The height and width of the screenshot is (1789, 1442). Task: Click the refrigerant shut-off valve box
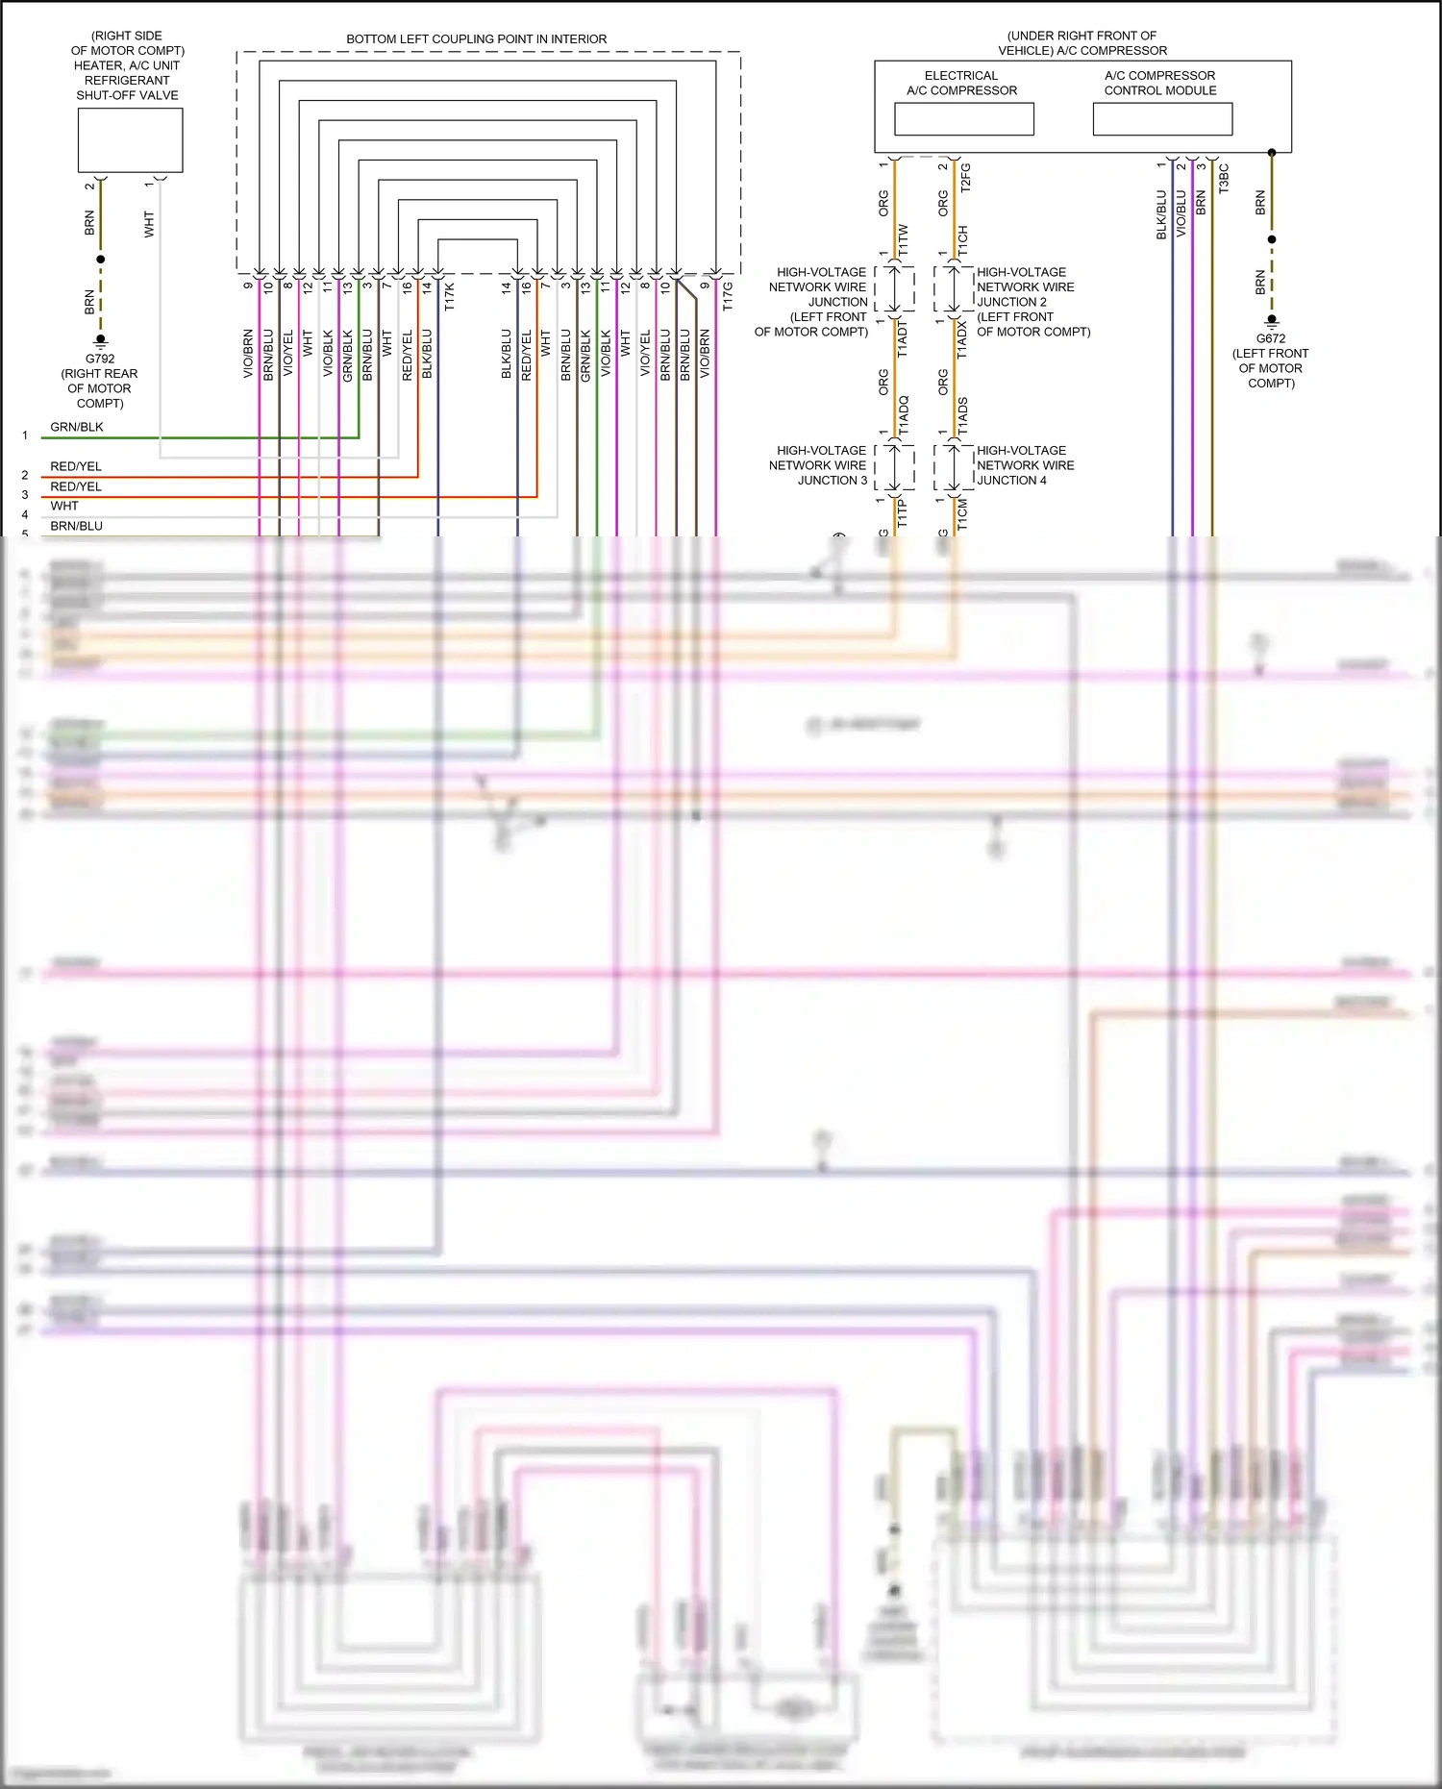click(x=130, y=140)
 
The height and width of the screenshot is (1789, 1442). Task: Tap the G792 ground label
click(x=100, y=359)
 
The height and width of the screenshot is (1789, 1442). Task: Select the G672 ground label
click(x=1270, y=338)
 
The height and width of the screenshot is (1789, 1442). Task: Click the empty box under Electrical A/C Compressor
click(x=963, y=119)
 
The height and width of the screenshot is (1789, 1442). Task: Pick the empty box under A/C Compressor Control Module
click(x=1162, y=119)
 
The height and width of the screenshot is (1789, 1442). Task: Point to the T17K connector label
click(x=449, y=296)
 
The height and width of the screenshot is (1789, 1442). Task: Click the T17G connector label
click(x=728, y=296)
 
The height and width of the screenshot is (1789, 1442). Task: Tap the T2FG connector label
click(x=965, y=178)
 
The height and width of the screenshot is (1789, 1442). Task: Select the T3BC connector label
click(x=1224, y=179)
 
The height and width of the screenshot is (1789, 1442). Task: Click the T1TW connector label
click(x=903, y=240)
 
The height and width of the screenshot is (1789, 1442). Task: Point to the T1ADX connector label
click(x=962, y=340)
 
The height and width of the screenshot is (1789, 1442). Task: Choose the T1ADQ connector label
click(x=903, y=414)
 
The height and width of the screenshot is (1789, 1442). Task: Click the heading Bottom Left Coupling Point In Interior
click(x=476, y=39)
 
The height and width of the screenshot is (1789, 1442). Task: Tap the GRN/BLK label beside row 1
click(x=77, y=427)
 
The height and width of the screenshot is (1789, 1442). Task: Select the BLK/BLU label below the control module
click(x=1161, y=214)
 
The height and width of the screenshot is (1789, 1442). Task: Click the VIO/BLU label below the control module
click(x=1181, y=214)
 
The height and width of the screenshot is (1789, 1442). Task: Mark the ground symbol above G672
click(x=1271, y=320)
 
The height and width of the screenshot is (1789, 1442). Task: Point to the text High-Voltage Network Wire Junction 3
click(x=821, y=465)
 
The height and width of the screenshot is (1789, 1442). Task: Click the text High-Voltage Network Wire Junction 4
click(x=1025, y=465)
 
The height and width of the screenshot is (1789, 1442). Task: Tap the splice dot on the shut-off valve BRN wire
click(x=100, y=260)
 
